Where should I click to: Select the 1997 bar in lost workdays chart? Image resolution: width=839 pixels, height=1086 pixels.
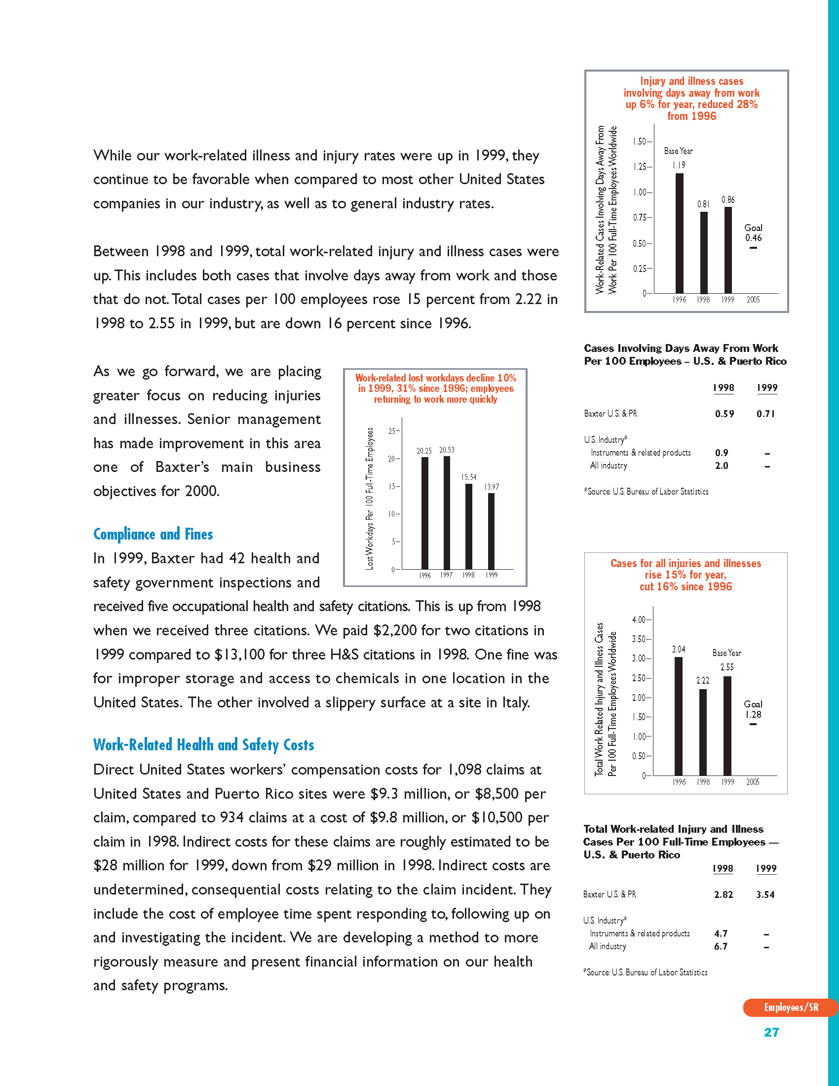pyautogui.click(x=447, y=512)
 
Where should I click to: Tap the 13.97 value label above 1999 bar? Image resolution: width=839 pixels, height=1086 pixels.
pyautogui.click(x=492, y=487)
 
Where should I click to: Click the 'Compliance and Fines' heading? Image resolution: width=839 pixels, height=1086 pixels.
pyautogui.click(x=153, y=534)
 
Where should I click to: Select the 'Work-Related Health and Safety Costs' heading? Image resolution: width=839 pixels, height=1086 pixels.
pyautogui.click(x=204, y=745)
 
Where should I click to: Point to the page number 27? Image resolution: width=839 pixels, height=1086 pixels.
pyautogui.click(x=771, y=1032)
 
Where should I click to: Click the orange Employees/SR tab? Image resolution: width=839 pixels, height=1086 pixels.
pyautogui.click(x=790, y=1008)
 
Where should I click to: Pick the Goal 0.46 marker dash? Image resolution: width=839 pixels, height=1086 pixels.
pyautogui.click(x=753, y=248)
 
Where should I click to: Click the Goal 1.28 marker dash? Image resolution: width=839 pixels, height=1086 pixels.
pyautogui.click(x=753, y=724)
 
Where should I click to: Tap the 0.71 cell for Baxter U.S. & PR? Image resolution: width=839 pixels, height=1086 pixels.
pyautogui.click(x=766, y=414)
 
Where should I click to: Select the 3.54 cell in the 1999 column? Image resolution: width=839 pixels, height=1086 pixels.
pyautogui.click(x=765, y=894)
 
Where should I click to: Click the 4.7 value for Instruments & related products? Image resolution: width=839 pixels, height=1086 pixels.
pyautogui.click(x=721, y=933)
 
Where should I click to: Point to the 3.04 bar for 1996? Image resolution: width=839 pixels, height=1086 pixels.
pyautogui.click(x=679, y=716)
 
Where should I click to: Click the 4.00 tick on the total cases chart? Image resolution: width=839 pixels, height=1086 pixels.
pyautogui.click(x=639, y=620)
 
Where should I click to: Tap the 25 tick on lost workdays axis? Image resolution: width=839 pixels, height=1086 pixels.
pyautogui.click(x=392, y=431)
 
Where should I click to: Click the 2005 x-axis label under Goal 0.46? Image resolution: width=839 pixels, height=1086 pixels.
pyautogui.click(x=753, y=300)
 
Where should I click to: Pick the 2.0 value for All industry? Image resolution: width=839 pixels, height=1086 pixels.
pyautogui.click(x=722, y=466)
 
